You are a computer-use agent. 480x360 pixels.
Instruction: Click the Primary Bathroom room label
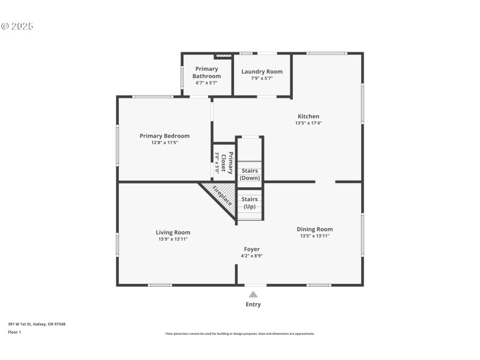206,73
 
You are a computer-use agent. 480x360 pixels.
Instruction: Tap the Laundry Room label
262,71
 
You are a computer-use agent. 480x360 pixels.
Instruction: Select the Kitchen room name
308,116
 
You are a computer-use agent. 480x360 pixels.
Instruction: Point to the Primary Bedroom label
164,136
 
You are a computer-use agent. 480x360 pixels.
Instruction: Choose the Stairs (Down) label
250,175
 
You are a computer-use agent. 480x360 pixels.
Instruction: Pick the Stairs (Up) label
250,203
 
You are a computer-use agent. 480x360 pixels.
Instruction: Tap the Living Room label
173,232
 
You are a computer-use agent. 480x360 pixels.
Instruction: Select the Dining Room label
314,229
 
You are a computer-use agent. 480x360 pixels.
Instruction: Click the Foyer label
251,249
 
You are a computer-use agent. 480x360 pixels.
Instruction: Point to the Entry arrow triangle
253,294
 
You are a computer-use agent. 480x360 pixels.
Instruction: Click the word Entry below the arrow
253,304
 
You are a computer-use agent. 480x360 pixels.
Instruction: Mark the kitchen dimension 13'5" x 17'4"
308,123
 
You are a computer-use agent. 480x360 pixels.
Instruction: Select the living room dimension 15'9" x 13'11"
173,239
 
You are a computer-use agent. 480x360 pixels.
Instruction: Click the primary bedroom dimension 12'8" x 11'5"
164,142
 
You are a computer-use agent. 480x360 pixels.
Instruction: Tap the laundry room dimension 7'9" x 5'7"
262,78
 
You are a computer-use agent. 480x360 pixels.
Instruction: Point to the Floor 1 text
14,332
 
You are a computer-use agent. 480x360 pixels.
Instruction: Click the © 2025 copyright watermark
17,26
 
